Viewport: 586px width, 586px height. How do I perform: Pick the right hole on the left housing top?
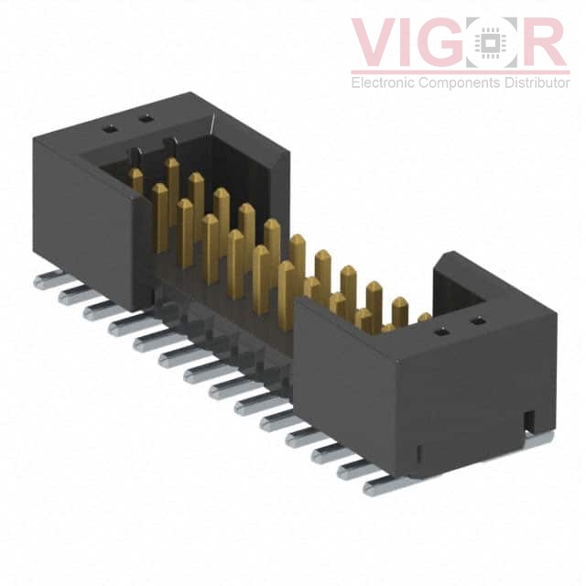tap(144, 118)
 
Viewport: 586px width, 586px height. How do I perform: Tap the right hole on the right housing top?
tap(476, 320)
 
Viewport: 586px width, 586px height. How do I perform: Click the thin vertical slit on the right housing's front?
tap(418, 452)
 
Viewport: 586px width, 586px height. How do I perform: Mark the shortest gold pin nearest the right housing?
tap(424, 319)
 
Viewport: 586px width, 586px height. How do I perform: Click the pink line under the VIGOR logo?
tap(458, 71)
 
